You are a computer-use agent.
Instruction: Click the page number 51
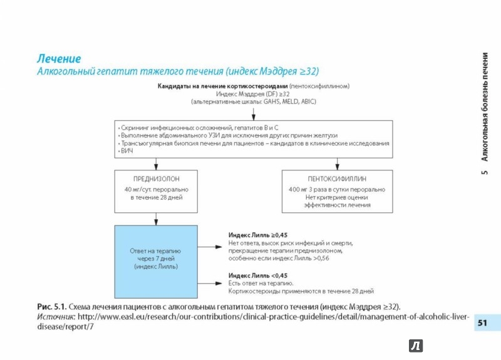tap(482, 323)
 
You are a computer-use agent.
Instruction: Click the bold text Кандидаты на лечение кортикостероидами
tap(222, 86)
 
